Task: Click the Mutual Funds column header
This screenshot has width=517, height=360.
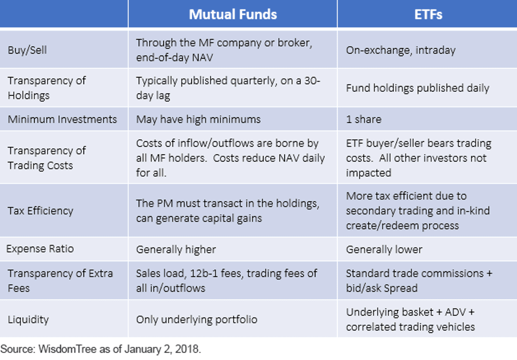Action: (x=233, y=14)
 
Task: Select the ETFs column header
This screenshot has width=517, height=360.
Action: (x=428, y=14)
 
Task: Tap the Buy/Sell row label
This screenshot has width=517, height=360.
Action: (x=27, y=50)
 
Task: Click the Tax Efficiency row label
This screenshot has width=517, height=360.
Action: (x=40, y=211)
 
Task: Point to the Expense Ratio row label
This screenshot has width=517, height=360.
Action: (x=40, y=249)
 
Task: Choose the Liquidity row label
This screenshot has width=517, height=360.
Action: (x=28, y=320)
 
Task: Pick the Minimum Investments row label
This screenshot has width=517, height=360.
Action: (x=62, y=119)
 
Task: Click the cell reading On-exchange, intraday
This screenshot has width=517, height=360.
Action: (x=401, y=50)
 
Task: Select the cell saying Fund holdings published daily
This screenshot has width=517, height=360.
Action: (x=417, y=88)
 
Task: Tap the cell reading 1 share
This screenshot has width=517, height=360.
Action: (x=364, y=119)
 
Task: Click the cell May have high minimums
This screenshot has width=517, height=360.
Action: (x=198, y=119)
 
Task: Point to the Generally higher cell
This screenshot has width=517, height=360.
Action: (x=176, y=250)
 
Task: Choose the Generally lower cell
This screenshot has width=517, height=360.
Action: (x=384, y=250)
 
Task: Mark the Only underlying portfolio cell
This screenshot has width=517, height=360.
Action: (x=196, y=320)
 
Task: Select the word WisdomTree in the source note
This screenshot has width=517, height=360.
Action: (x=67, y=349)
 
